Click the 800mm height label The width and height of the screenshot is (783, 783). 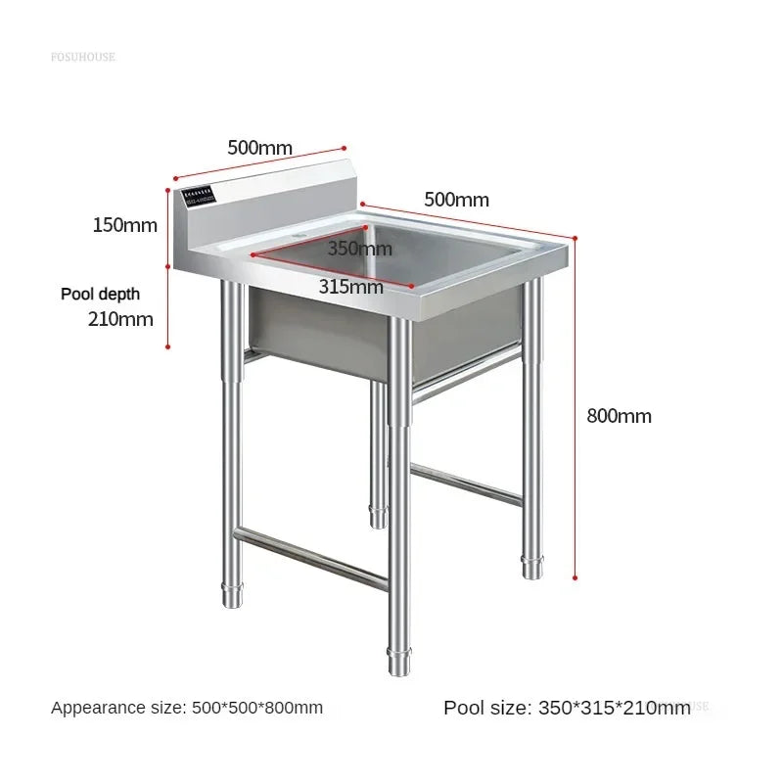pos(619,416)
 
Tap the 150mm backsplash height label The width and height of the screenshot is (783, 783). pos(124,225)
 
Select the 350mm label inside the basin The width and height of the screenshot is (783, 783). pos(359,249)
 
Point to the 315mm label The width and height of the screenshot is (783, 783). pos(350,287)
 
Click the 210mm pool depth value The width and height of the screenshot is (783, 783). pos(121,318)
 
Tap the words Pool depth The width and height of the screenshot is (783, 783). pos(100,294)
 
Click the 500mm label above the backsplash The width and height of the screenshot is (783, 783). pos(259,148)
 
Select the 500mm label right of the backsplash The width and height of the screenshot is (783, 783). pos(456,200)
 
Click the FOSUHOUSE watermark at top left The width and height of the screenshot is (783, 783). pos(83,57)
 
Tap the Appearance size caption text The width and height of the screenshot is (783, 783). pos(187,708)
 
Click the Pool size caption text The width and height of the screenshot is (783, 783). pos(567,708)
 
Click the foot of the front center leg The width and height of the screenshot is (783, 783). pos(398,663)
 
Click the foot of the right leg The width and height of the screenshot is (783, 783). pos(531,567)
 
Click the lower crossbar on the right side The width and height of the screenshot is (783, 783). pos(466,484)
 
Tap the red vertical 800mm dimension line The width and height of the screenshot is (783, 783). pos(576,411)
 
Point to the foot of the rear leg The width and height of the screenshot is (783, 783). pos(379,516)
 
